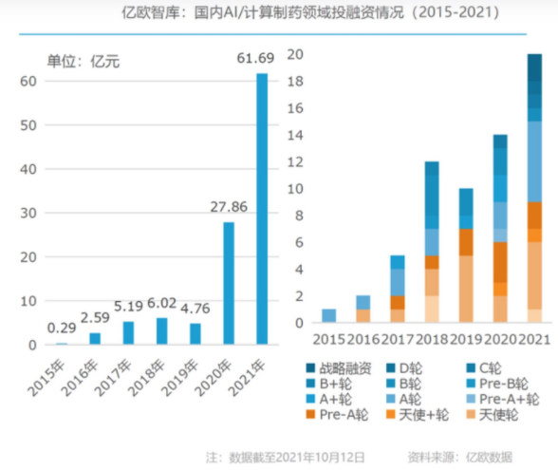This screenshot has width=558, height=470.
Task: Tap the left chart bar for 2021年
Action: pos(261,209)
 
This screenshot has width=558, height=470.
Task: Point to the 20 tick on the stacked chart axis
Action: pos(295,55)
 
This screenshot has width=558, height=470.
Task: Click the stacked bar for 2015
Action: pos(328,316)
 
